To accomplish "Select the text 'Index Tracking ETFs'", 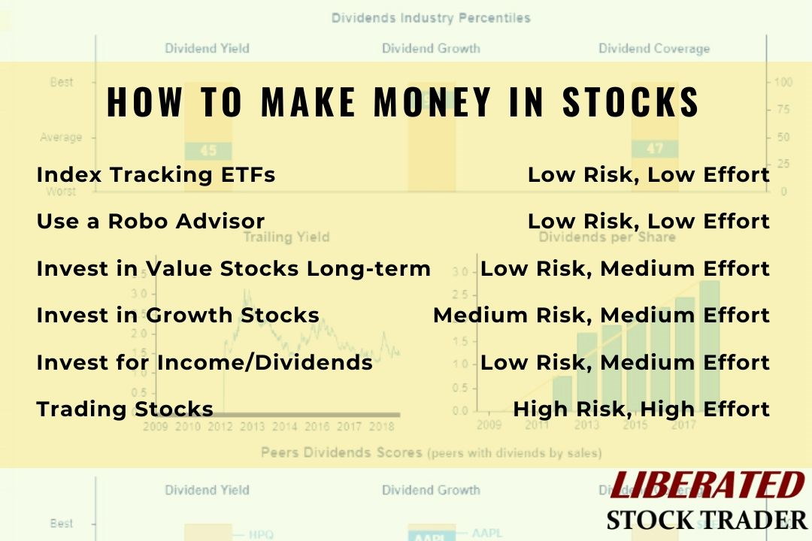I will pyautogui.click(x=156, y=175).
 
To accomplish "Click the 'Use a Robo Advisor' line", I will pyautogui.click(x=150, y=222).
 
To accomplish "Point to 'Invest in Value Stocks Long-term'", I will pyautogui.click(x=233, y=268).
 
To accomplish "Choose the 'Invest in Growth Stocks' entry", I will pyautogui.click(x=177, y=316).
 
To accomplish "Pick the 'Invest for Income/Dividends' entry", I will pyautogui.click(x=205, y=362).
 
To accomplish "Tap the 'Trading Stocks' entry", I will pyautogui.click(x=125, y=410).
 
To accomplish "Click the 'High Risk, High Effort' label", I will pyautogui.click(x=641, y=410).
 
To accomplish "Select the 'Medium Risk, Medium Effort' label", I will pyautogui.click(x=601, y=316).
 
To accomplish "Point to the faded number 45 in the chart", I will pyautogui.click(x=208, y=151).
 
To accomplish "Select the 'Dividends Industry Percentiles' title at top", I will pyautogui.click(x=431, y=17).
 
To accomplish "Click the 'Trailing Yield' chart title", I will pyautogui.click(x=286, y=237).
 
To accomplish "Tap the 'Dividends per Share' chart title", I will pyautogui.click(x=607, y=237).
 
